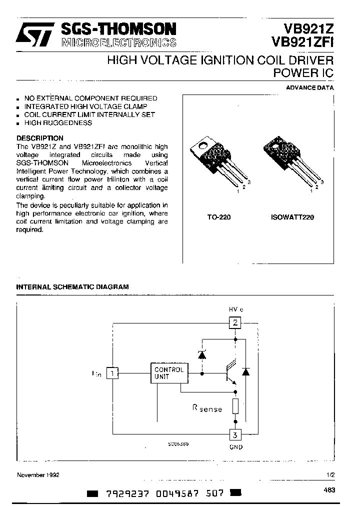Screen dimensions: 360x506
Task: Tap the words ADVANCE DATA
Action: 309,87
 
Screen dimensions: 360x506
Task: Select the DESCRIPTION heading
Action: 40,138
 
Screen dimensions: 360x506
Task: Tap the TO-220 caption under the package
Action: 219,217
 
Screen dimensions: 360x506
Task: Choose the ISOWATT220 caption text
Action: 291,217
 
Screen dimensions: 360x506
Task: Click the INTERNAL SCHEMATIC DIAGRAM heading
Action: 72,287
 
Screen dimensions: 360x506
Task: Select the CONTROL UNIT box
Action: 169,373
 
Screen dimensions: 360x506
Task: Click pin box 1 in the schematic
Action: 113,373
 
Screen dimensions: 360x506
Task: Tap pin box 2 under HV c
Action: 235,322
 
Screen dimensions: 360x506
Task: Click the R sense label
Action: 207,408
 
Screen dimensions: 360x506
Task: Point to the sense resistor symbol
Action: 235,406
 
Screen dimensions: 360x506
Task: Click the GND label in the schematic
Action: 235,447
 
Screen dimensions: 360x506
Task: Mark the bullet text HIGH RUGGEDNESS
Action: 58,122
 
